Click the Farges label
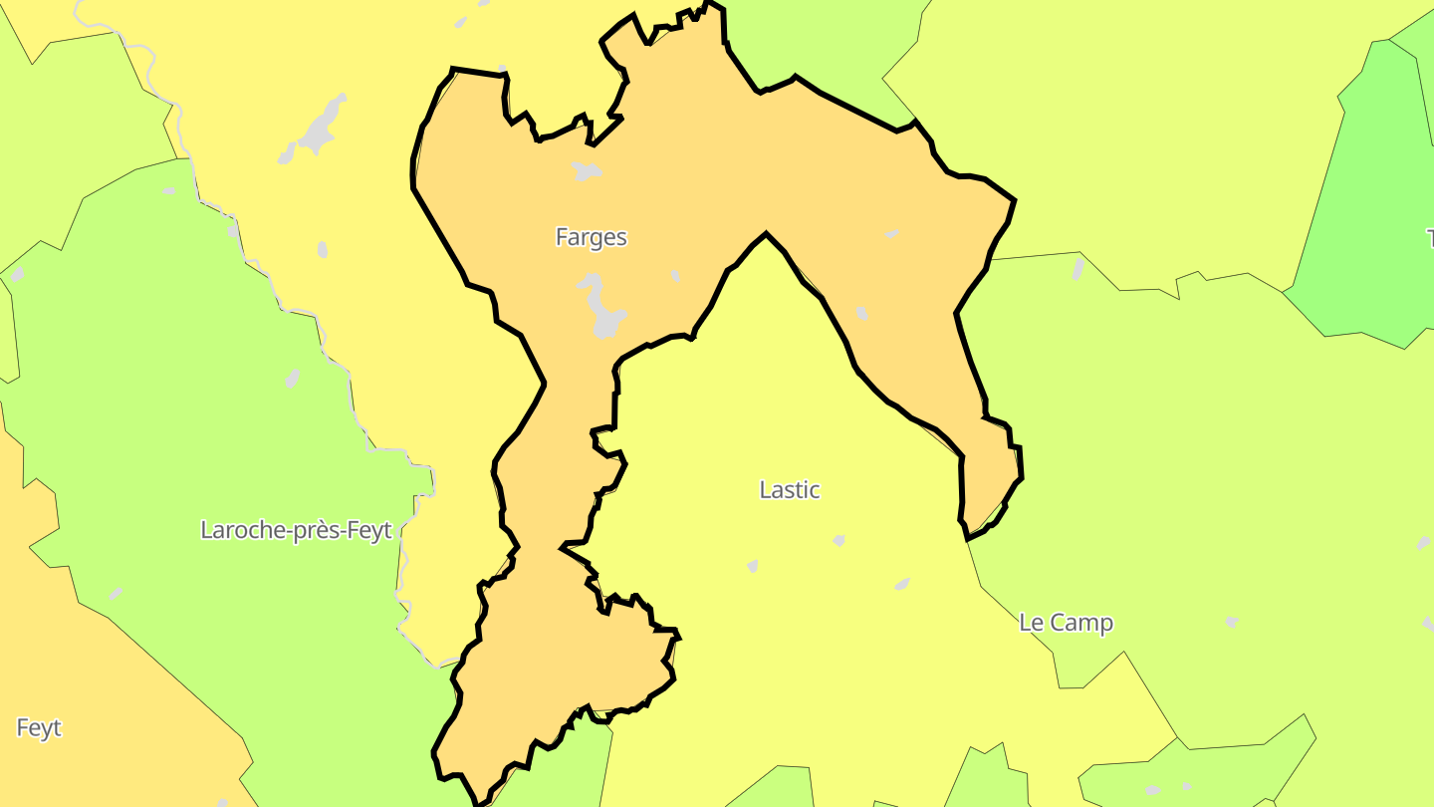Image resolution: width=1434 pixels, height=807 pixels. (591, 237)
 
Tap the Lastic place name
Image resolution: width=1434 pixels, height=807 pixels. (789, 490)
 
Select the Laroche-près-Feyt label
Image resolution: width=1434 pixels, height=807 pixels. (297, 530)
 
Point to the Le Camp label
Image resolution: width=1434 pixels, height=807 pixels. (1066, 623)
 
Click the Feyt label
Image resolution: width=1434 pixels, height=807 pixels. (39, 728)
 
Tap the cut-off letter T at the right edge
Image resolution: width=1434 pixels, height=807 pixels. (1429, 238)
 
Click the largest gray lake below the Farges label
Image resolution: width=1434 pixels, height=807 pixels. (601, 309)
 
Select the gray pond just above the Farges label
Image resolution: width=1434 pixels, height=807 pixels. (587, 172)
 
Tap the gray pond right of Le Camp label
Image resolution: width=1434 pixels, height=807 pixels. (1232, 622)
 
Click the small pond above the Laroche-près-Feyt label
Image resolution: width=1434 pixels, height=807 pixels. (293, 379)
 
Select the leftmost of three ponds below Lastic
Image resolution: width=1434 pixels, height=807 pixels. (752, 566)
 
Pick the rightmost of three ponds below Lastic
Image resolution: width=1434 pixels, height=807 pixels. (902, 584)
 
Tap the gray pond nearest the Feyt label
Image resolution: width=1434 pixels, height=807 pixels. (116, 594)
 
